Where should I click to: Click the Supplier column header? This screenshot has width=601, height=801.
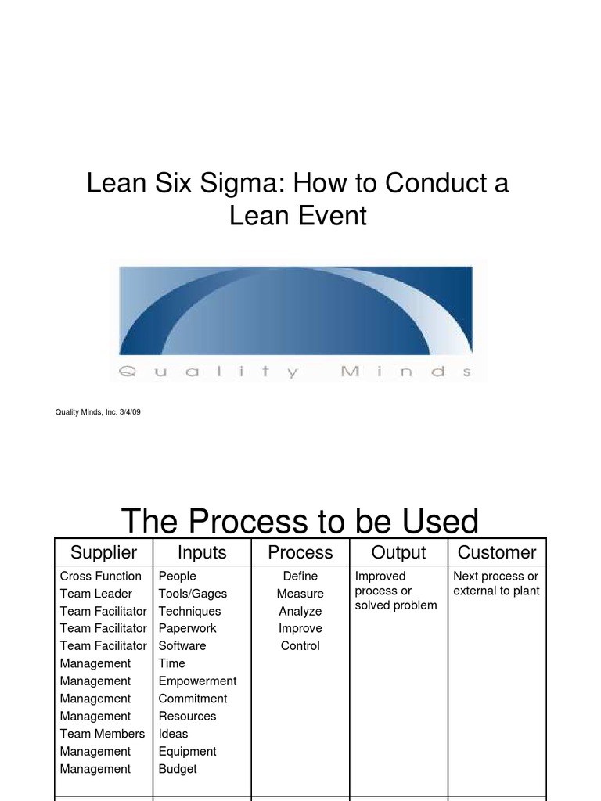coord(103,552)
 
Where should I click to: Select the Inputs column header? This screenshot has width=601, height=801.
coord(202,552)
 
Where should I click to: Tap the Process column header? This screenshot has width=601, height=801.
coord(300,552)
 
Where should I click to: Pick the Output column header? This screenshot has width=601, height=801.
coord(398,552)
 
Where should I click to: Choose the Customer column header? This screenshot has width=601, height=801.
coord(497,552)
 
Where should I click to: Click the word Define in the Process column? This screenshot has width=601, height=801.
coord(300,577)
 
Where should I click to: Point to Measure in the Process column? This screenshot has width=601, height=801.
coord(300,594)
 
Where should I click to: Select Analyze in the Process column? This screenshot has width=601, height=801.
coord(300,611)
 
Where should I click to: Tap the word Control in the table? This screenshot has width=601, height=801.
coord(300,646)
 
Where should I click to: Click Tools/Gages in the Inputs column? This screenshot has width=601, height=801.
coord(193,594)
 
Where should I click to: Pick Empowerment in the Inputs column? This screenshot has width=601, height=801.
coord(197,681)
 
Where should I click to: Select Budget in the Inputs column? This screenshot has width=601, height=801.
coord(178,769)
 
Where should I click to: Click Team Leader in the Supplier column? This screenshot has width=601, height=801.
coord(96,594)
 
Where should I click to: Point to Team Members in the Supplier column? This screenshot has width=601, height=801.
coord(103,734)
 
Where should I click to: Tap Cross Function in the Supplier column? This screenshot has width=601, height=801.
coord(101,577)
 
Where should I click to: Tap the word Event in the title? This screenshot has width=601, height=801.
coord(333,215)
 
